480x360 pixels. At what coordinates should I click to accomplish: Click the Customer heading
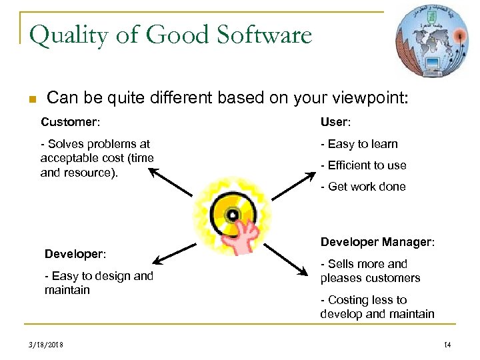click(x=70, y=122)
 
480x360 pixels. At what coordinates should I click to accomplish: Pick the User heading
click(x=335, y=122)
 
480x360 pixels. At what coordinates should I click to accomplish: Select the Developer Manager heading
click(x=377, y=242)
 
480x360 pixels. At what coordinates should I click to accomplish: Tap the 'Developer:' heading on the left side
click(x=75, y=254)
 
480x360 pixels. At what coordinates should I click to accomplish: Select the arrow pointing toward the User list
click(x=293, y=185)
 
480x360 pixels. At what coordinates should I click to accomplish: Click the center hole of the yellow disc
click(x=233, y=215)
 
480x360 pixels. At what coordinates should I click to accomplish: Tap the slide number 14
click(x=447, y=345)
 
